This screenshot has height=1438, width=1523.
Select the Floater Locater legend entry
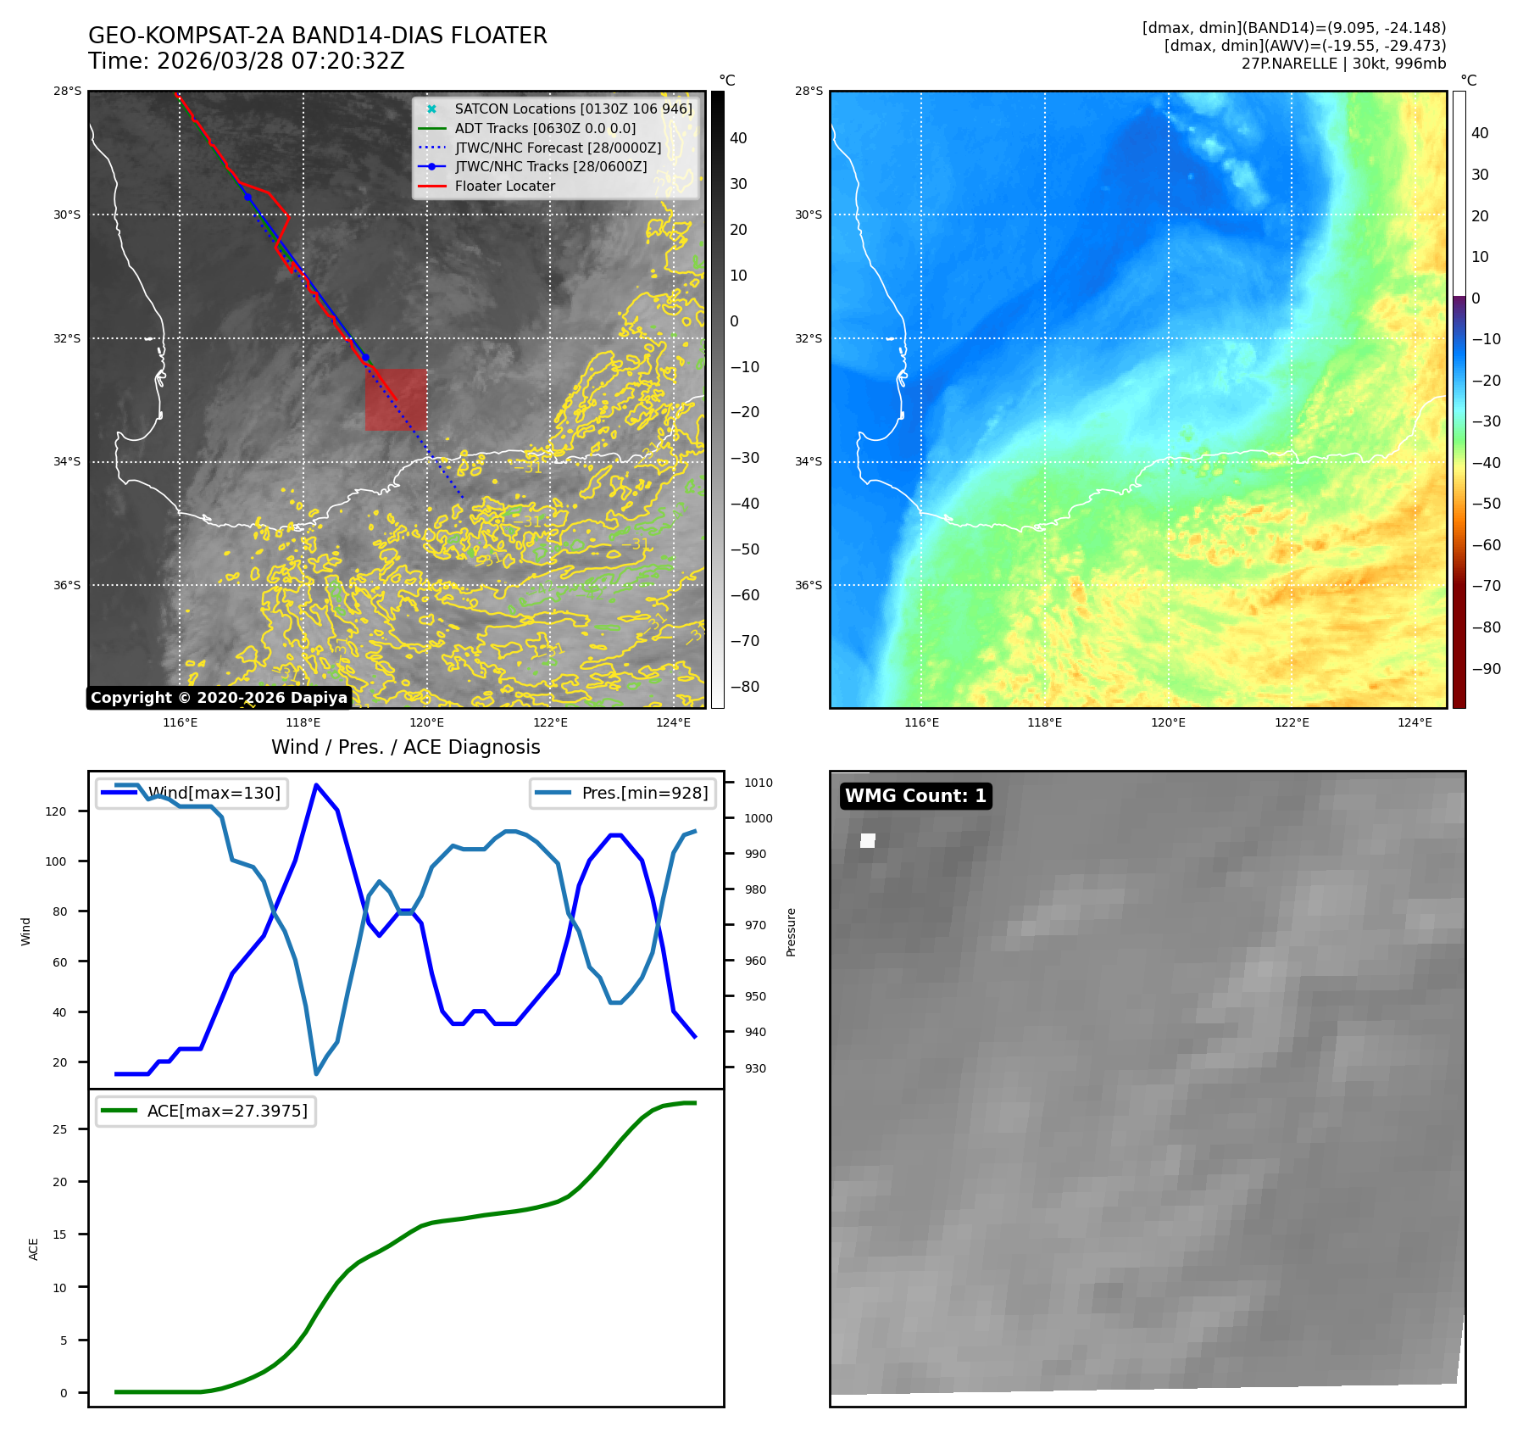point(504,186)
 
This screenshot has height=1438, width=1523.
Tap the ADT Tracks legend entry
point(544,128)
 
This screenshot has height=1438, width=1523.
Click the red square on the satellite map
point(396,399)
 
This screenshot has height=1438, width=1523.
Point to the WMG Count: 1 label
point(915,795)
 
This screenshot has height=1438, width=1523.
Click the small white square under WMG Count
point(868,840)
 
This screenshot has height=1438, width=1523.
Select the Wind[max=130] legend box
point(191,793)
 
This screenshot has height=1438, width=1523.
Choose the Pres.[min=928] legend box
point(622,793)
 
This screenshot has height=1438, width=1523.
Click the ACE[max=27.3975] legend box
point(205,1111)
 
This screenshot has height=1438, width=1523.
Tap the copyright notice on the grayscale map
point(219,698)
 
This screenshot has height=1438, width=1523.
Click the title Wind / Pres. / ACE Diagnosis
point(405,747)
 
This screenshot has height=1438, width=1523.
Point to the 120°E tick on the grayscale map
point(426,722)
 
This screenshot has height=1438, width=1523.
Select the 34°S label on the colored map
point(808,461)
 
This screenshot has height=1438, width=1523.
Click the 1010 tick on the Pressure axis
point(759,783)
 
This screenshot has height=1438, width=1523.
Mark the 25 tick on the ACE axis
point(60,1129)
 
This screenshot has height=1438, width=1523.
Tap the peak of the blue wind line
point(316,785)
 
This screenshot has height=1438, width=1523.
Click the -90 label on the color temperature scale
point(1486,669)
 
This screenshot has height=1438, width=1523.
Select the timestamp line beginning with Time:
point(247,61)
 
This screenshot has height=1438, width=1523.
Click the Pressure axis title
point(791,932)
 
